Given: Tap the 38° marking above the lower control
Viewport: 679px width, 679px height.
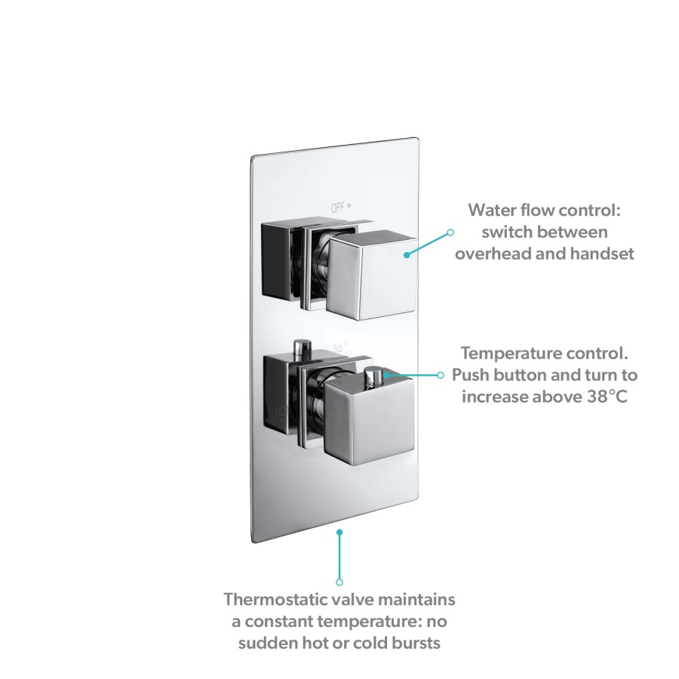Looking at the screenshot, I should point(340,348).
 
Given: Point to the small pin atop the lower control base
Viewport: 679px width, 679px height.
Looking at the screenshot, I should point(303,347).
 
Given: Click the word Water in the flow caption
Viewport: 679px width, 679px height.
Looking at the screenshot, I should point(493,209).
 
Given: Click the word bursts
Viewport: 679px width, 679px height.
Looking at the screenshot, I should point(413,644).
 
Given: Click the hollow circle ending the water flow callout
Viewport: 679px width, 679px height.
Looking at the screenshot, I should point(450,232).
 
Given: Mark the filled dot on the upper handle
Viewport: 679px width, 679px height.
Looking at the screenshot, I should point(406,254).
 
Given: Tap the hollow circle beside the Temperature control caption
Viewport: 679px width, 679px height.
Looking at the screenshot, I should point(441,374).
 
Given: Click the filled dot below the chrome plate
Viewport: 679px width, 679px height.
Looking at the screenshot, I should point(339,532).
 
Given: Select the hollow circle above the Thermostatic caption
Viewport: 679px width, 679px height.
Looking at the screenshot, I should point(339,582).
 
